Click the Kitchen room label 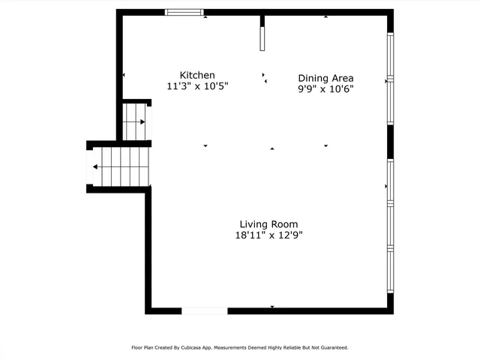pyautogui.click(x=197, y=75)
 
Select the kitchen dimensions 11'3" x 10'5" pyautogui.click(x=197, y=86)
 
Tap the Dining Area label pyautogui.click(x=325, y=78)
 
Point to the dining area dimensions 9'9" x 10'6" pyautogui.click(x=325, y=89)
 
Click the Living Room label pyautogui.click(x=268, y=224)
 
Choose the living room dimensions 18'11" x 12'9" pyautogui.click(x=268, y=235)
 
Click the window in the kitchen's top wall pyautogui.click(x=184, y=12)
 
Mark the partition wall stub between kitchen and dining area pyautogui.click(x=262, y=34)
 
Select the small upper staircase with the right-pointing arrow pyautogui.click(x=136, y=121)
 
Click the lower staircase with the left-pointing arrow pyautogui.click(x=120, y=166)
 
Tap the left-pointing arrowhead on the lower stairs pyautogui.click(x=95, y=166)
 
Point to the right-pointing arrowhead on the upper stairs pyautogui.click(x=142, y=121)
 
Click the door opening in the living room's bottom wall pyautogui.click(x=204, y=310)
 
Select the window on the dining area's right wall pyautogui.click(x=390, y=78)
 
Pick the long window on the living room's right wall pyautogui.click(x=390, y=225)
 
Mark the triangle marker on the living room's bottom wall pyautogui.click(x=272, y=307)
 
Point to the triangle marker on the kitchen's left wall pyautogui.click(x=124, y=75)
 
